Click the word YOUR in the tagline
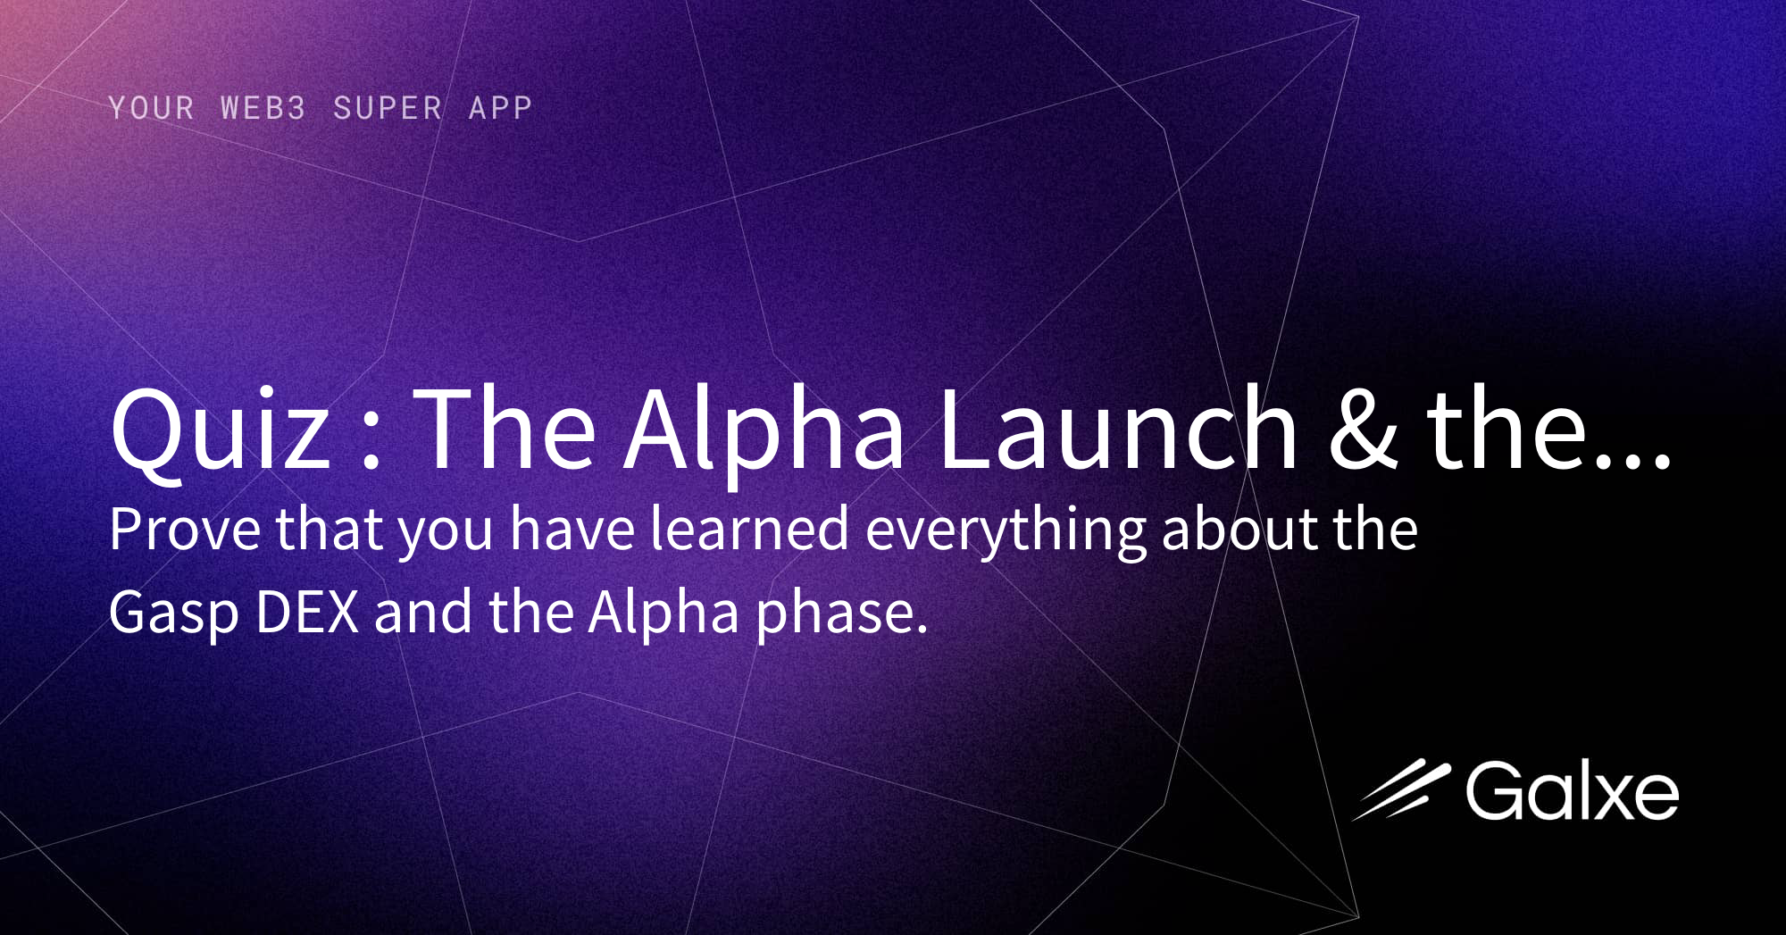click(x=151, y=108)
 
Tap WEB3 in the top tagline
click(x=263, y=108)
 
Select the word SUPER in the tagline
click(x=388, y=108)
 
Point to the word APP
click(x=500, y=108)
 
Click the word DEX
click(x=307, y=613)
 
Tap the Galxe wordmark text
click(x=1572, y=791)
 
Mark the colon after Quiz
click(x=371, y=438)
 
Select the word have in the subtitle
click(x=572, y=529)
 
